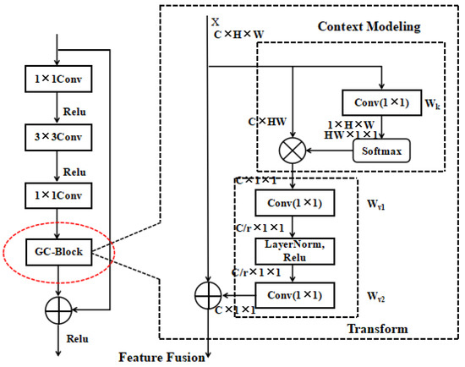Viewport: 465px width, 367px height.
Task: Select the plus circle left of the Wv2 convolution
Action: coord(207,296)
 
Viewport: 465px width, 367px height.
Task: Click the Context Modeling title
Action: coord(369,28)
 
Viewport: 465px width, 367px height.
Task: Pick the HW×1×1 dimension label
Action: coord(351,134)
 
